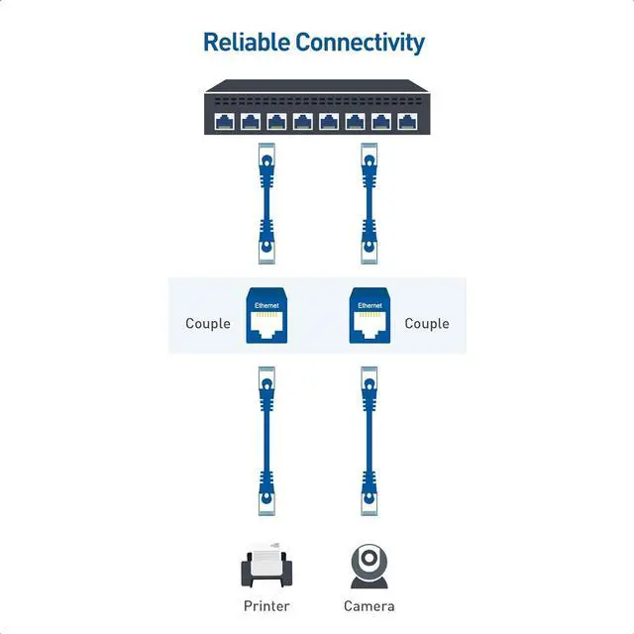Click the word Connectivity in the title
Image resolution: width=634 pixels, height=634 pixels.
(x=360, y=43)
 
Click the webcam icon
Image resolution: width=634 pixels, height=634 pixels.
(x=369, y=565)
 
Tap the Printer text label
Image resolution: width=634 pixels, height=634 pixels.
(x=266, y=605)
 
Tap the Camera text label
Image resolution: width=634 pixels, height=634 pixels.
(x=369, y=605)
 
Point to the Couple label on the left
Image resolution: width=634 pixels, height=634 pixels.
(x=208, y=324)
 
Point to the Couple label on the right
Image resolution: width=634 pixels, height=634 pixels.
(x=427, y=324)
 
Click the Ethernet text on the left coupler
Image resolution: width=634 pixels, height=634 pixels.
(x=266, y=305)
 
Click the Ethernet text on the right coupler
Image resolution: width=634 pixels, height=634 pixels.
(x=370, y=305)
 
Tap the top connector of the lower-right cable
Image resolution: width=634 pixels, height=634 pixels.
(x=369, y=380)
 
